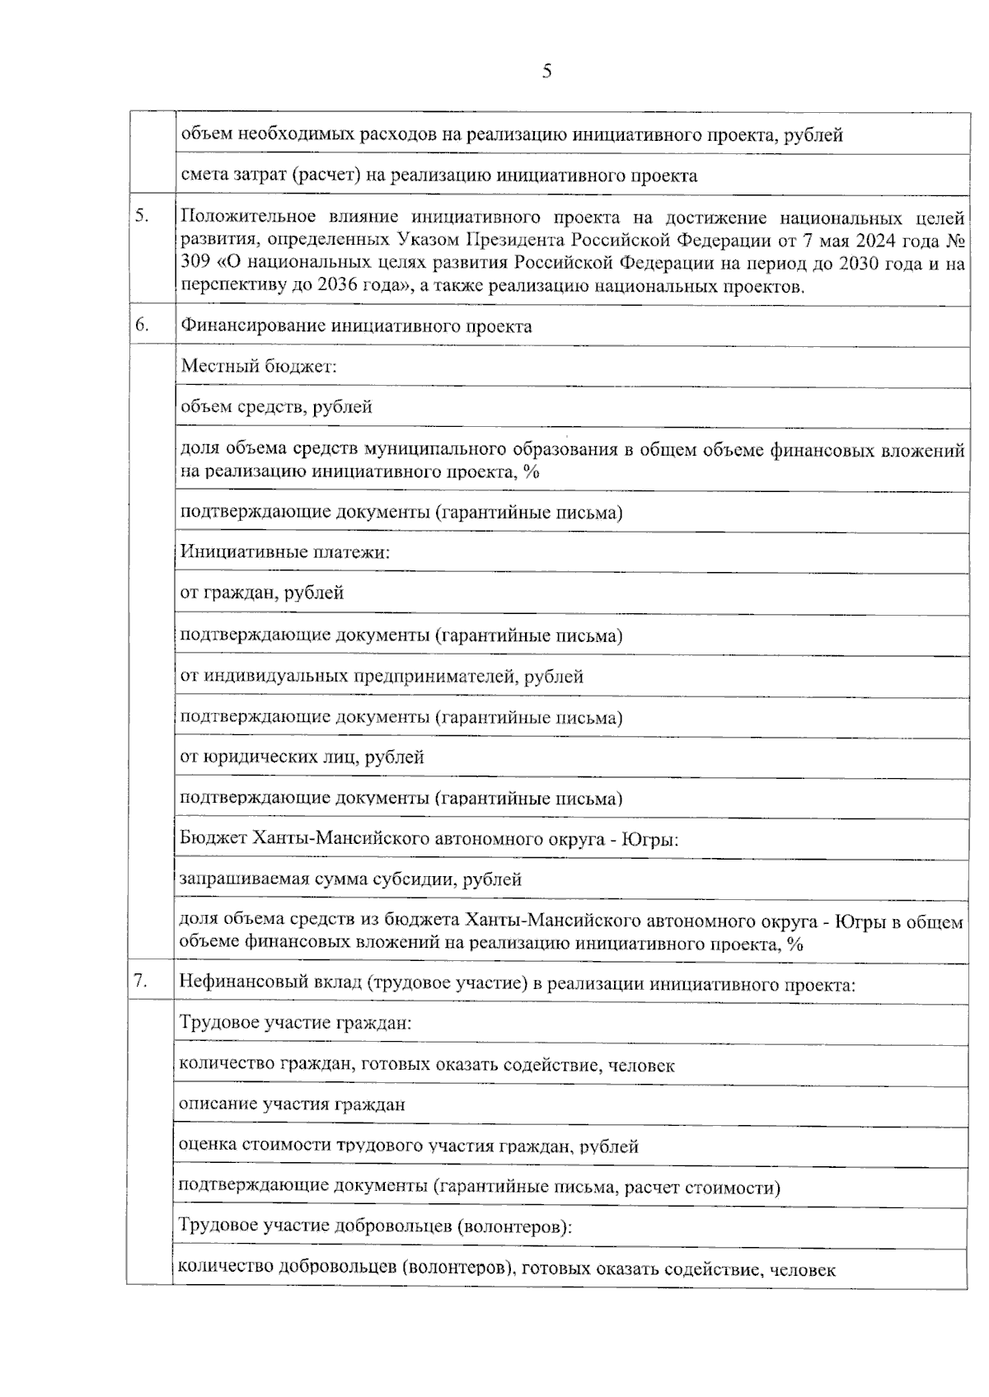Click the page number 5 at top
[546, 72]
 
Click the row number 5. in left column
[143, 216]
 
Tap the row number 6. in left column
[143, 325]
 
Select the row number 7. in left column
[142, 981]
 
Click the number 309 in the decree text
[196, 264]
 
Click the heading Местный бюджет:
[259, 366]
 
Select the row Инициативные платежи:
[284, 551]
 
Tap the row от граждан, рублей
[262, 593]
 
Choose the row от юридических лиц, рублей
[302, 757]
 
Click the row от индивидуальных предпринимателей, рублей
[382, 677]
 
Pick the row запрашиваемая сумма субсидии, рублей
[350, 879]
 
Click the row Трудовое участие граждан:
[295, 1024]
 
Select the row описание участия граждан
[292, 1104]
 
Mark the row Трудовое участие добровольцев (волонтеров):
[375, 1226]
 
